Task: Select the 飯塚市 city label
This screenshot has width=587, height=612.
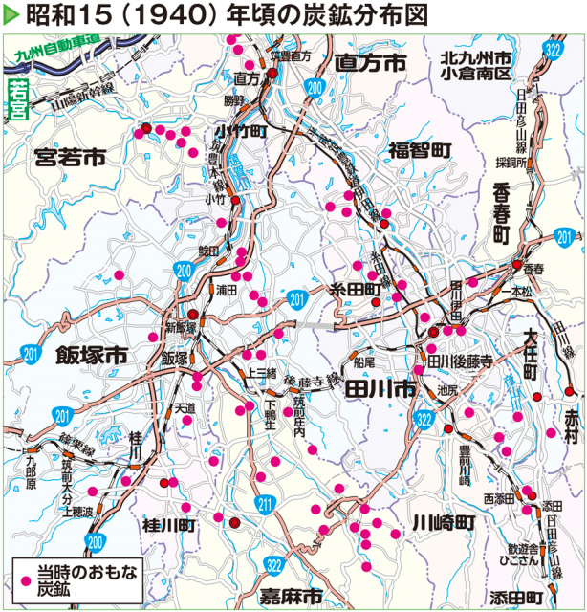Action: (x=91, y=355)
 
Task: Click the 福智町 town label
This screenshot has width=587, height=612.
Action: (x=420, y=150)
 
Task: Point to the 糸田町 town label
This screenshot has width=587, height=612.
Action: (x=356, y=288)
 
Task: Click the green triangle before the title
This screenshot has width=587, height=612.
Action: (x=11, y=16)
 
